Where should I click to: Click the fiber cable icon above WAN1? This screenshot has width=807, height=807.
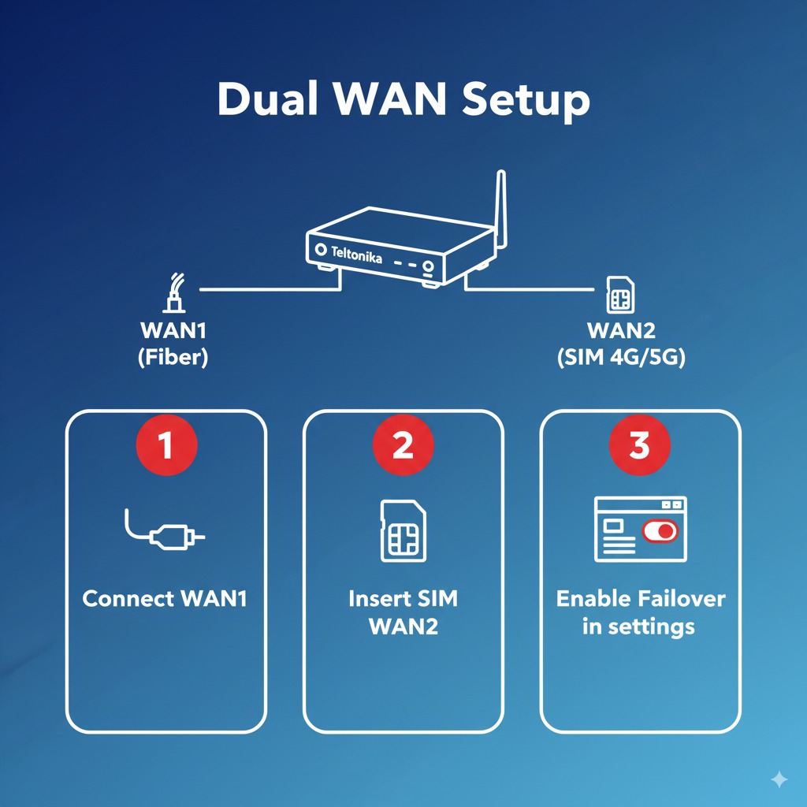(x=174, y=293)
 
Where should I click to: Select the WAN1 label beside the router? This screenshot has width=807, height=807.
(x=173, y=330)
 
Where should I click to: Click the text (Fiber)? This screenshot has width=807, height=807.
(x=173, y=357)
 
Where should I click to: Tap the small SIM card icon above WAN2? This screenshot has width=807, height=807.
(x=618, y=296)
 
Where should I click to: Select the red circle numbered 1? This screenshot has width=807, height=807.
(x=165, y=446)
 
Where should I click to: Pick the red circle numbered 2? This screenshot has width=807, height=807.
(x=403, y=446)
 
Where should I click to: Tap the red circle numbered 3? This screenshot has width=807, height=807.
(x=639, y=446)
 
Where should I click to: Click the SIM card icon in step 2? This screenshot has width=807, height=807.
(x=403, y=530)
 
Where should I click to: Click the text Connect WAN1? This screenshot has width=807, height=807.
(x=165, y=599)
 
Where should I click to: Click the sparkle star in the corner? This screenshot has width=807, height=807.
(x=779, y=779)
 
